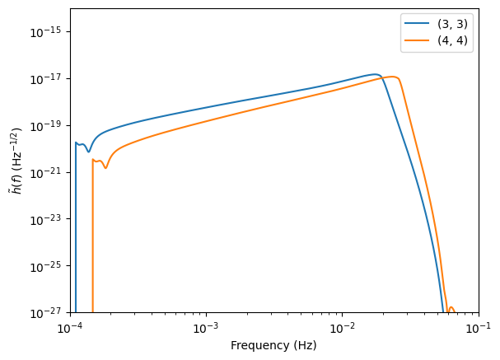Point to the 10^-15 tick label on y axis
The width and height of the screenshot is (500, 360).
(x=49, y=32)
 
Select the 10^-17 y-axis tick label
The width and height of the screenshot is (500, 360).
(x=49, y=79)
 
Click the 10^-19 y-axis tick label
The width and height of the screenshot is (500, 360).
(x=49, y=126)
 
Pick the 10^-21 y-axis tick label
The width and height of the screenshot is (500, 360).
(x=49, y=173)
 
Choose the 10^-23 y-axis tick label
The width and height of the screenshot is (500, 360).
(x=49, y=220)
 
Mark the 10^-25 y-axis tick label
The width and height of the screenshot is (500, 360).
(x=49, y=267)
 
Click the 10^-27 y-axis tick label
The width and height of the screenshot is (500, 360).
(x=49, y=314)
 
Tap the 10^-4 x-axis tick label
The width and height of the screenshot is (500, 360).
(x=70, y=328)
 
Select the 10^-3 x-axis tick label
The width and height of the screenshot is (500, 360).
(x=206, y=328)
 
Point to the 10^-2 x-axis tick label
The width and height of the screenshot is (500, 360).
(x=342, y=328)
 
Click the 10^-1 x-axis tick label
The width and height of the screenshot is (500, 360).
(x=478, y=328)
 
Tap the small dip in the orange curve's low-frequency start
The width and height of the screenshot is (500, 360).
(x=105, y=168)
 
